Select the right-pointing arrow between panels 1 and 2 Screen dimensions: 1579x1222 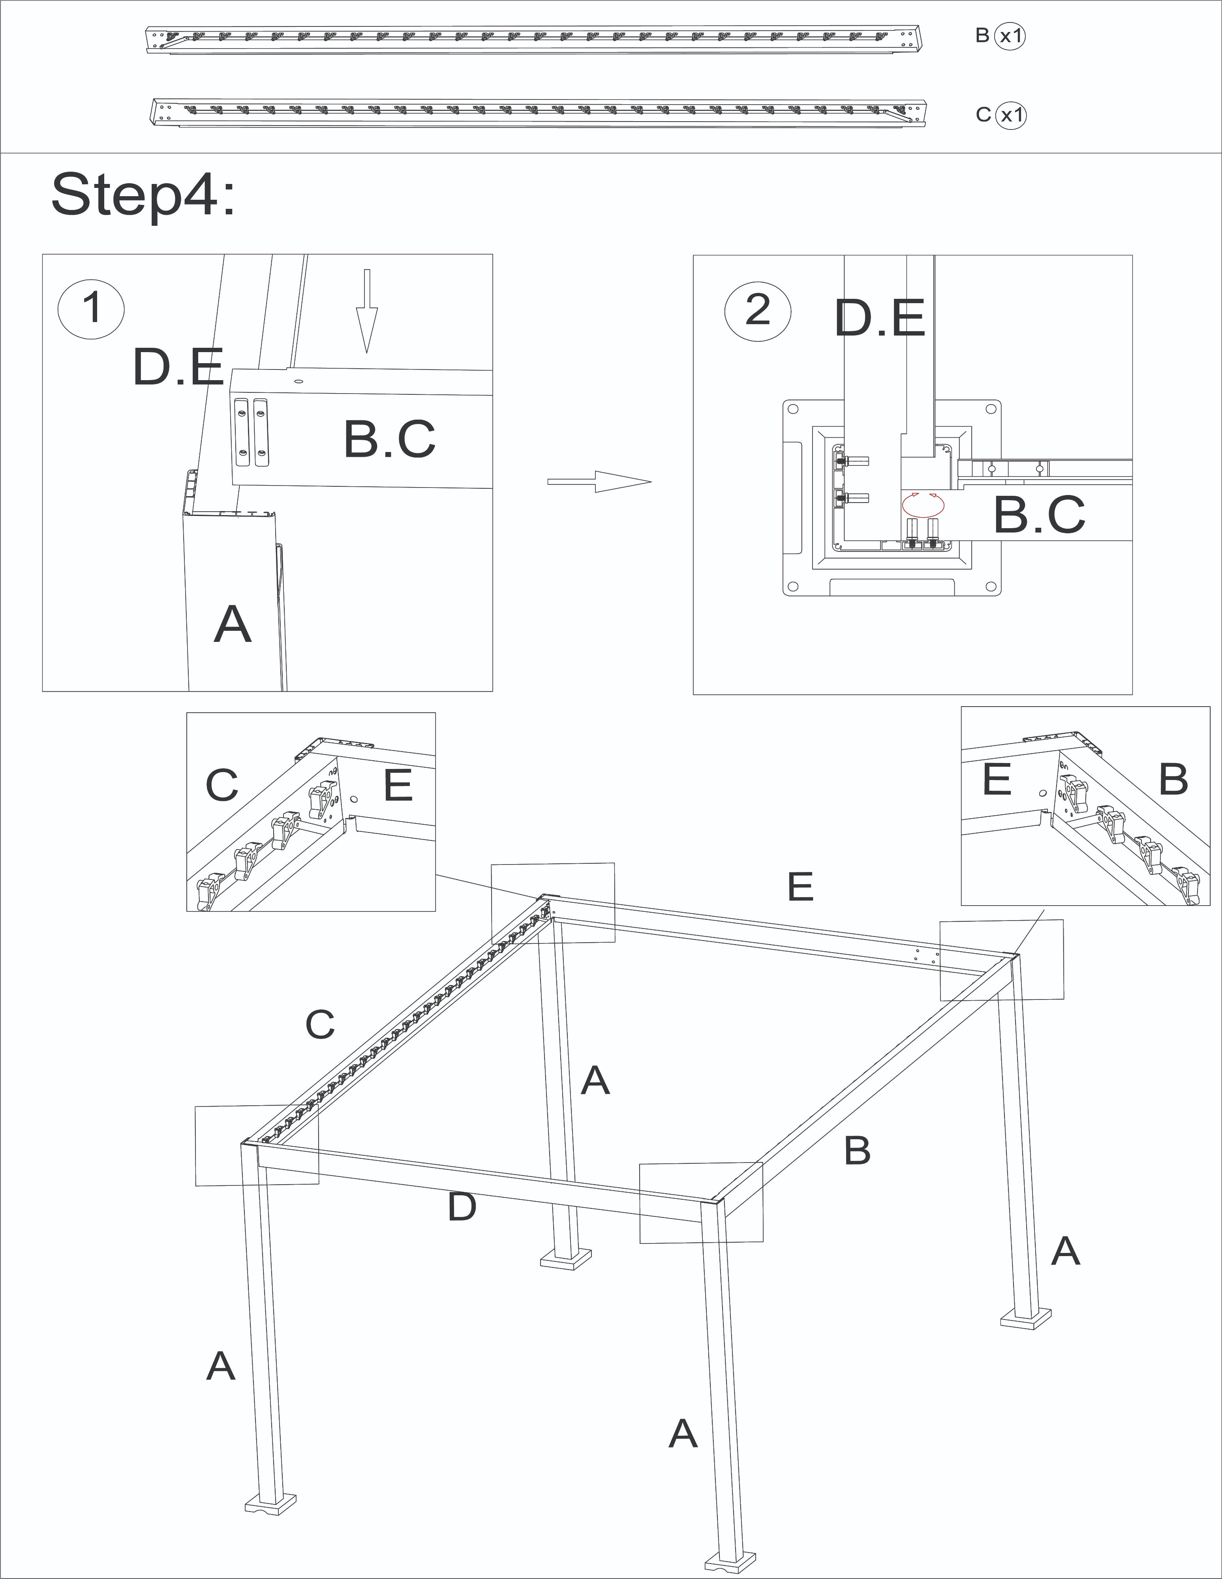tap(599, 482)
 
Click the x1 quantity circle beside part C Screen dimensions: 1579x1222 tap(1010, 115)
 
